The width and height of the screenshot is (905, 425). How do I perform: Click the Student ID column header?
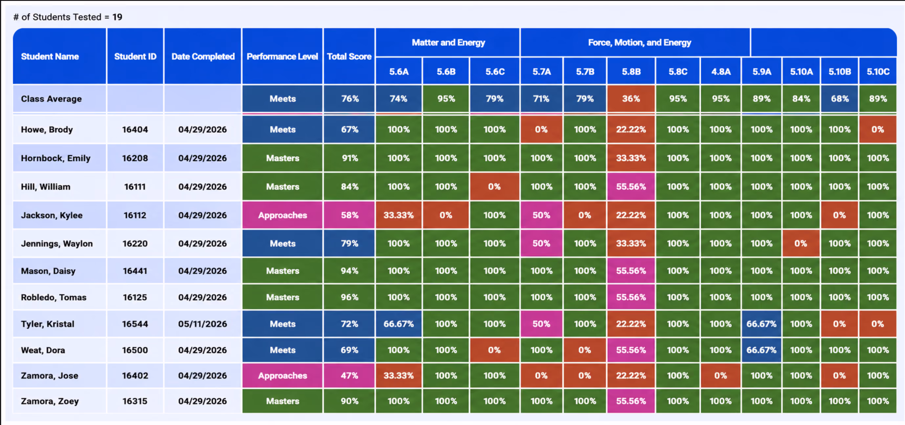(x=135, y=56)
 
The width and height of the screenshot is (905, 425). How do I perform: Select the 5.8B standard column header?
(x=631, y=71)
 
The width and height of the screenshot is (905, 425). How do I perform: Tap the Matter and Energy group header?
(x=448, y=43)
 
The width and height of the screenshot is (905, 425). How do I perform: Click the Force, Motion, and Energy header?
(x=639, y=43)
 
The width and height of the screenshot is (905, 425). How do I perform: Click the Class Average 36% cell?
(x=631, y=99)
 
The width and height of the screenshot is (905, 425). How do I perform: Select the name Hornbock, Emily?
(x=55, y=158)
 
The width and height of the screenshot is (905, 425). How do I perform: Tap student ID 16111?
(x=135, y=187)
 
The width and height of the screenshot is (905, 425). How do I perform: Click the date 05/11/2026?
(x=202, y=324)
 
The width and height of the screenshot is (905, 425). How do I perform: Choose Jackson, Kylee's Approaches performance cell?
(x=282, y=215)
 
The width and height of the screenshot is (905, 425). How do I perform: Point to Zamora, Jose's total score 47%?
(x=349, y=375)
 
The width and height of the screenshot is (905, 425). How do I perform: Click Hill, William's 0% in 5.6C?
(x=494, y=187)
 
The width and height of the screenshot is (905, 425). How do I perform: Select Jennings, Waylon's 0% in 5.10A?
(x=801, y=243)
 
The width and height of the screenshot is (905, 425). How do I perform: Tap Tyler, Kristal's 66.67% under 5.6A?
(x=398, y=324)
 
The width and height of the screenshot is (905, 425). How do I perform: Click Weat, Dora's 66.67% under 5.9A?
(x=761, y=350)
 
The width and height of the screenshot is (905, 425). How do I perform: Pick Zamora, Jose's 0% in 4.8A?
(x=720, y=375)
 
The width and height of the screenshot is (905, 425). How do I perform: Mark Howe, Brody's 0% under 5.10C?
(x=878, y=129)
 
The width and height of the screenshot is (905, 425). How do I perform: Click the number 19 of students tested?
(x=117, y=17)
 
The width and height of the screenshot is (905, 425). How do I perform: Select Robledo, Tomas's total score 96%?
(x=349, y=297)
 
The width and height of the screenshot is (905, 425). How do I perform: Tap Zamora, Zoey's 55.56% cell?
(x=631, y=401)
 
